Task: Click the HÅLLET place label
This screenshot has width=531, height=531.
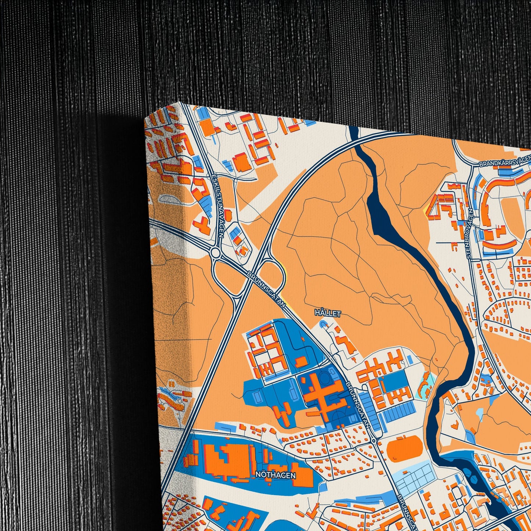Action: pos(328,313)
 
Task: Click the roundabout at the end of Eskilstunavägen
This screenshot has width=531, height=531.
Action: pos(215,253)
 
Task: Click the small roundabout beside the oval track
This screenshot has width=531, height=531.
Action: pos(374,441)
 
